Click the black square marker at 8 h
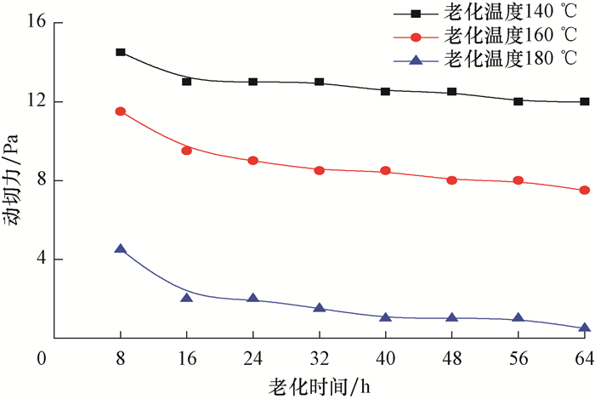pyautogui.click(x=121, y=52)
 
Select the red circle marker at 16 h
pyautogui.click(x=187, y=151)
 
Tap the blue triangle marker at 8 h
pyautogui.click(x=121, y=249)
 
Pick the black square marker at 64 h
pyautogui.click(x=585, y=101)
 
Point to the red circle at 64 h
pyautogui.click(x=585, y=190)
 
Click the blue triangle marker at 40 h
pyautogui.click(x=386, y=317)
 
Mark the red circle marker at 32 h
pyautogui.click(x=320, y=170)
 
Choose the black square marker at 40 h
pyautogui.click(x=386, y=91)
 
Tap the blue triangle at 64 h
pyautogui.click(x=585, y=328)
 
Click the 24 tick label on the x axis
pyautogui.click(x=253, y=358)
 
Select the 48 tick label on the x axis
pyautogui.click(x=452, y=358)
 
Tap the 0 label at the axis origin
pyautogui.click(x=40, y=358)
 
